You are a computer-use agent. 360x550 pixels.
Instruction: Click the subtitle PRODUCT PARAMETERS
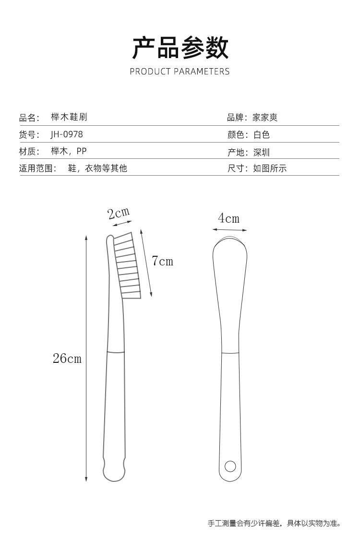coord(180,72)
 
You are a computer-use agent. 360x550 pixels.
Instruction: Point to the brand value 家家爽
coord(265,117)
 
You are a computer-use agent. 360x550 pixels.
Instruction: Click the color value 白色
coord(262,135)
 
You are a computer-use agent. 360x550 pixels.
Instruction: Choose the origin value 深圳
coord(262,153)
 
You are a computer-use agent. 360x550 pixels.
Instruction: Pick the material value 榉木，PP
coord(69,152)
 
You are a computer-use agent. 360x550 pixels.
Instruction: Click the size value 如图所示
coord(270,168)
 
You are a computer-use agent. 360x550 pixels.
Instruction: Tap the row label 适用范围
coord(37,168)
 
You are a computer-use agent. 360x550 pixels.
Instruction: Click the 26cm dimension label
coord(67,358)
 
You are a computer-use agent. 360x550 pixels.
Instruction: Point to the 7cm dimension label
coord(162,261)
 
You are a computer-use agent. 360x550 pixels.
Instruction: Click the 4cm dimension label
coord(228,219)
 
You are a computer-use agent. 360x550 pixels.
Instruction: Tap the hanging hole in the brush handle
coord(230,466)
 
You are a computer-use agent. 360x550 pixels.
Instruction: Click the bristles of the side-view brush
coord(127,266)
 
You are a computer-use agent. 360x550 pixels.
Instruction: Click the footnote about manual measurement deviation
coord(274,523)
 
